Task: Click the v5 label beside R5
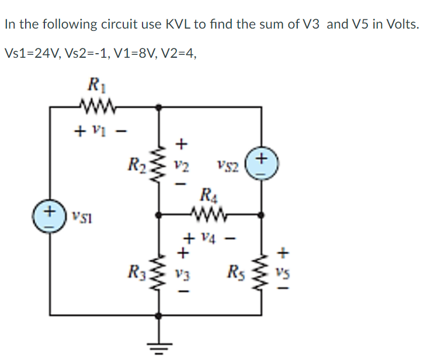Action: pyautogui.click(x=283, y=272)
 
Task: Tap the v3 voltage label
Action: pyautogui.click(x=182, y=272)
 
